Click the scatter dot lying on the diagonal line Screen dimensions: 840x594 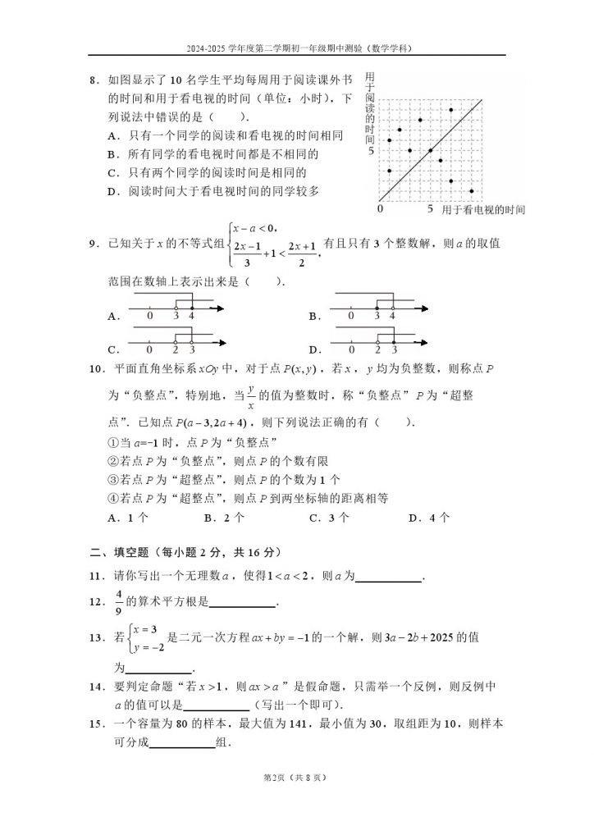[x=431, y=150]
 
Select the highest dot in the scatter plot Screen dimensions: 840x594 [x=451, y=109]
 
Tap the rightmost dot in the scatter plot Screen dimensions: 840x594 [x=472, y=191]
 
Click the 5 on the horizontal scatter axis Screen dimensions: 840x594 [x=430, y=210]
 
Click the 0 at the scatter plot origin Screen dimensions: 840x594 [x=380, y=210]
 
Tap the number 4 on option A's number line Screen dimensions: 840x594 [x=192, y=316]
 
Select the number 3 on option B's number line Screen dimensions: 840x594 [x=377, y=316]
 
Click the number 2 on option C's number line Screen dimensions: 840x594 [x=176, y=349]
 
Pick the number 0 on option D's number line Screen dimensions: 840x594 [x=351, y=349]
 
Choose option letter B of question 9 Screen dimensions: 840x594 [x=313, y=316]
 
